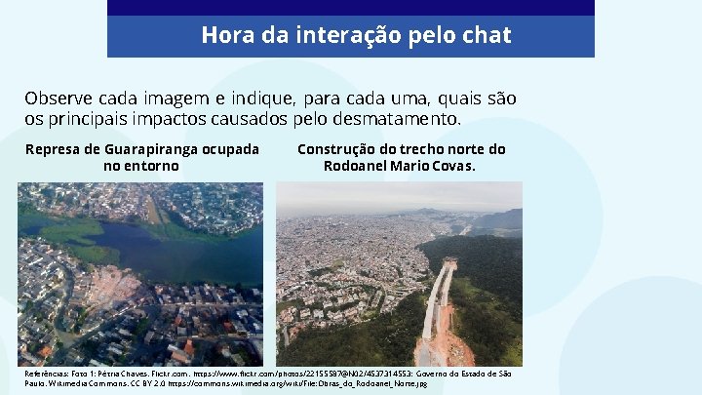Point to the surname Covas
click(449, 166)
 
